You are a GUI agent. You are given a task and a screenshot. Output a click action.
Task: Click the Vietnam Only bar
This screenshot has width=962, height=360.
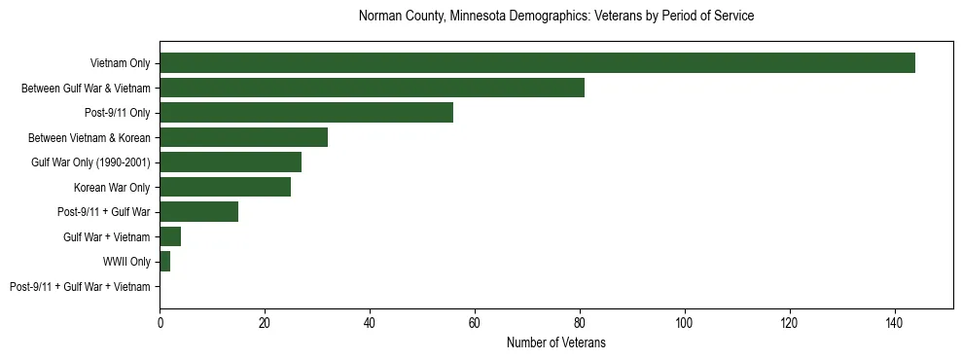[537, 63]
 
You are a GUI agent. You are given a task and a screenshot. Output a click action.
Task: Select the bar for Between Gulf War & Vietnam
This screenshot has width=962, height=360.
[372, 88]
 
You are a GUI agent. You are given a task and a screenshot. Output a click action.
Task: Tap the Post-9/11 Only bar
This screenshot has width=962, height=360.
[306, 113]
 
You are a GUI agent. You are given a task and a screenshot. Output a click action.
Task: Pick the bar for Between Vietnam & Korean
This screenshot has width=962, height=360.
[243, 137]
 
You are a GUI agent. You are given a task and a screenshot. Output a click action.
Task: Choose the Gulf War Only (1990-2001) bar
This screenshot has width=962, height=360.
[231, 162]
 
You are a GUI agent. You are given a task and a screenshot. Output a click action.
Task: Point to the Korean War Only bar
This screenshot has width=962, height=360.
[225, 187]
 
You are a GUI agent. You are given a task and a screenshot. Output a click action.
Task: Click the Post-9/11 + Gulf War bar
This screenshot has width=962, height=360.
[198, 212]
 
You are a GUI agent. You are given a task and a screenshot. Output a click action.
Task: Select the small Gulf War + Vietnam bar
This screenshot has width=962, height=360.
[170, 236]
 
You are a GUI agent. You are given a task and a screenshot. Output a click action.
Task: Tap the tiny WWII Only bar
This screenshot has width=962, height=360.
[164, 262]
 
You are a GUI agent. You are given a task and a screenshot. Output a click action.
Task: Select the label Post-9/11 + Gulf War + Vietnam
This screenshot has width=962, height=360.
[80, 287]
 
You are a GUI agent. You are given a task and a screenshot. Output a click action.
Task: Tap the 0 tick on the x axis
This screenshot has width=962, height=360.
[160, 323]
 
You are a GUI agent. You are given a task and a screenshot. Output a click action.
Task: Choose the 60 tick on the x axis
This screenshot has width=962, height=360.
[475, 323]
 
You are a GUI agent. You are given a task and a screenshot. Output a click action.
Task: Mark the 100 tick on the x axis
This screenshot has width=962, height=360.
[685, 323]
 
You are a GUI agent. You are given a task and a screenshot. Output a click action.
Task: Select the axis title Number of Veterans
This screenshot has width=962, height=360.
[556, 342]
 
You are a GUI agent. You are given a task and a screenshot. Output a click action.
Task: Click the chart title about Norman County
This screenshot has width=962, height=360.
[556, 17]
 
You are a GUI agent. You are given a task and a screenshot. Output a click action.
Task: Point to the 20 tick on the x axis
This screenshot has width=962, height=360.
[265, 323]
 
